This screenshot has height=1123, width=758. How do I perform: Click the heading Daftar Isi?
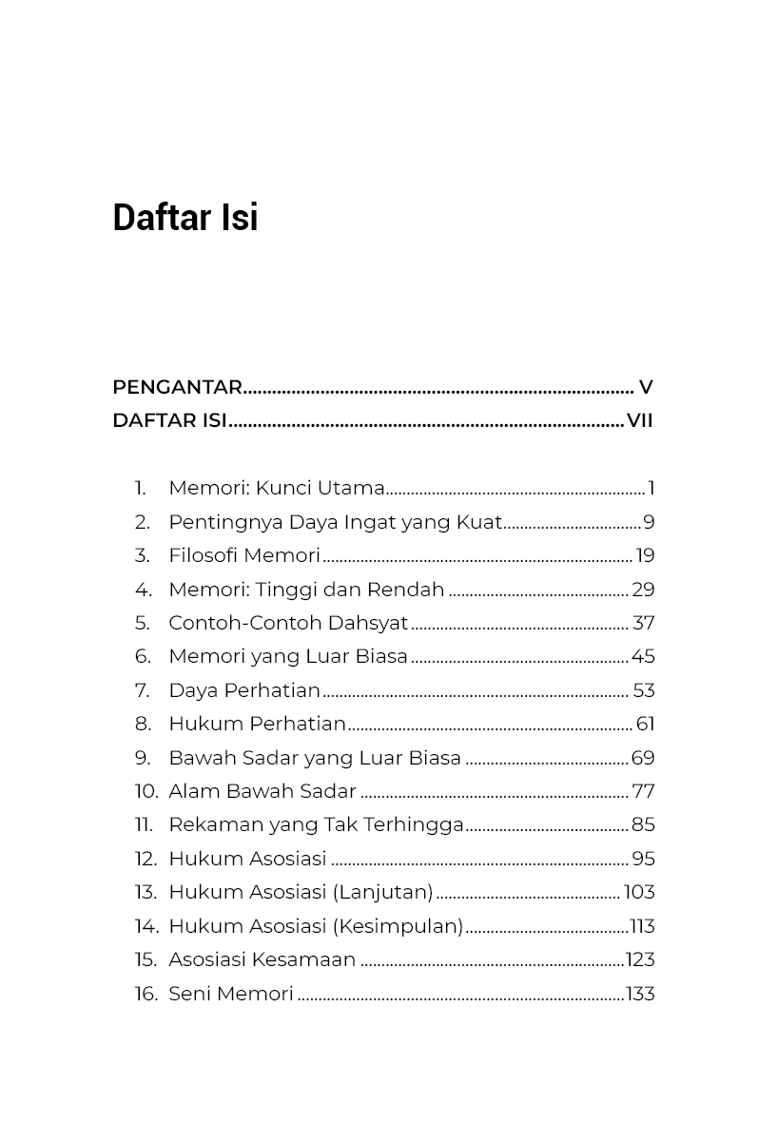(185, 218)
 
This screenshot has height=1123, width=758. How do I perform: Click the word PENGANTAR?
(177, 387)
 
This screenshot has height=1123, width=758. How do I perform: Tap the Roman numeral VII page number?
(640, 420)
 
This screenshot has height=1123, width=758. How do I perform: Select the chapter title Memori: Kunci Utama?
(276, 488)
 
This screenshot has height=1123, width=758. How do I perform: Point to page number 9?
(649, 522)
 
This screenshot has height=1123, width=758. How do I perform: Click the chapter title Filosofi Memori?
(244, 555)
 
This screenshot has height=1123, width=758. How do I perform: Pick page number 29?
(643, 590)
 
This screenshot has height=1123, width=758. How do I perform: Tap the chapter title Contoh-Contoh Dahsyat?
(287, 623)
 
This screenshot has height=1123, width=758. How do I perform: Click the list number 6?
(143, 656)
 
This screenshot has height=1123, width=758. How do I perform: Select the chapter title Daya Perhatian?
(244, 690)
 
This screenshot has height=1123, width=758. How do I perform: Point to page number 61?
(645, 724)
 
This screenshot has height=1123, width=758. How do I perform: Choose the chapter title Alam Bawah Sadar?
(262, 791)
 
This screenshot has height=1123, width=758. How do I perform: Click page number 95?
(643, 859)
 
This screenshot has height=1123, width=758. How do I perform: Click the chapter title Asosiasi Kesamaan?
(262, 959)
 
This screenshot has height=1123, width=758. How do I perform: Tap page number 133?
(640, 994)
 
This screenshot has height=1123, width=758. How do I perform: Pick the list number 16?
(146, 994)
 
